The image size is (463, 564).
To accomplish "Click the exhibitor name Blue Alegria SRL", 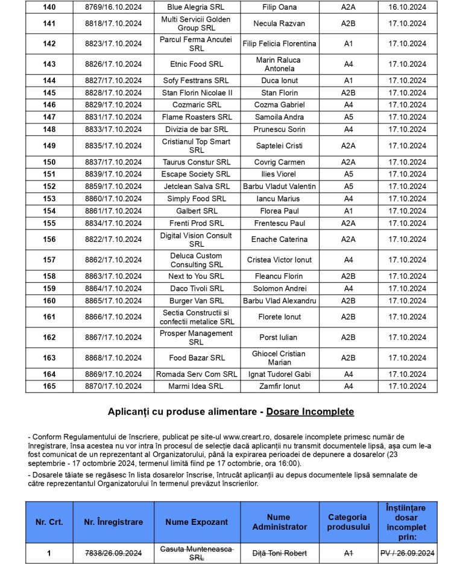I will tap(197, 7).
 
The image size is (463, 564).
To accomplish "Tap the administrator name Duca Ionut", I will tap(279, 81).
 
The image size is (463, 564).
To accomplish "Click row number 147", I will tap(49, 117).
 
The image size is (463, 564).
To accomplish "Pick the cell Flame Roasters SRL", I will tap(197, 117).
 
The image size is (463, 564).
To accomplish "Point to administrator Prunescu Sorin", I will tap(279, 129).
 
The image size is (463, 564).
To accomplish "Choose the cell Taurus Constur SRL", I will tap(197, 163).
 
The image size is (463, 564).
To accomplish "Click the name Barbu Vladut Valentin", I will tap(279, 187).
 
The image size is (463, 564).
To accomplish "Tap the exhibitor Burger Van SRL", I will tap(197, 301).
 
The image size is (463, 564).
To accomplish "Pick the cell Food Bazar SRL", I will tap(197, 358).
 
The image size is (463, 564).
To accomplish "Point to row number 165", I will tap(49, 386).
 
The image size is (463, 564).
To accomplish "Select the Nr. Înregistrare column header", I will tap(113, 522).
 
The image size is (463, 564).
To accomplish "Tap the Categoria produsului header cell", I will tap(347, 522).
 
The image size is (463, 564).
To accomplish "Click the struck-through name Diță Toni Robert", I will tap(279, 553).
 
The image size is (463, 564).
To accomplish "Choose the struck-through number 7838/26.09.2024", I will tap(113, 553).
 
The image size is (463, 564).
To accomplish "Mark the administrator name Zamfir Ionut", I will tap(279, 386).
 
